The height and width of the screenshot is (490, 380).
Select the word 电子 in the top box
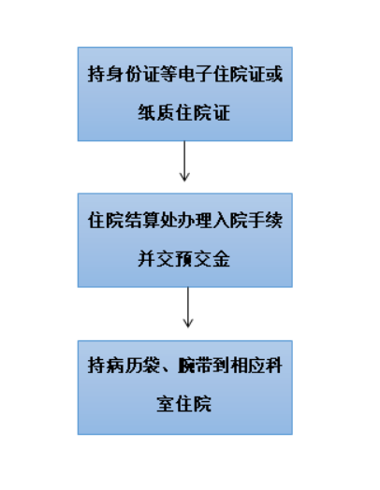[x=195, y=75]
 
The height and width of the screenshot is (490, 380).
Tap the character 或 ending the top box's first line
[x=274, y=75]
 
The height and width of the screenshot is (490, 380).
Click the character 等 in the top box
[x=168, y=75]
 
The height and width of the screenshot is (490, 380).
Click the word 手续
[x=266, y=221]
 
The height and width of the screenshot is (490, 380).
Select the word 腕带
[x=195, y=365]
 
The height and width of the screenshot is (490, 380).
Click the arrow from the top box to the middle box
[x=184, y=161]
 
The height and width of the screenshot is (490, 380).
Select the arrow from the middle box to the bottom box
[x=188, y=308]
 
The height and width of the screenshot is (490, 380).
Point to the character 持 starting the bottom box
[x=96, y=365]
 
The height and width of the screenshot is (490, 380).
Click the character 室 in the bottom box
[x=166, y=403]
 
